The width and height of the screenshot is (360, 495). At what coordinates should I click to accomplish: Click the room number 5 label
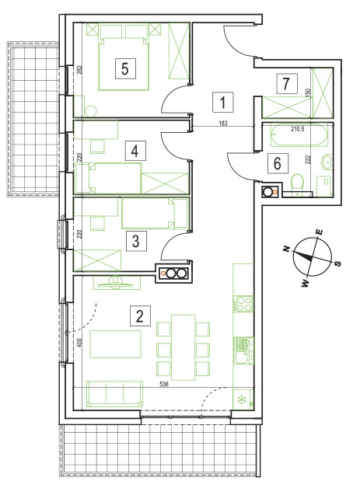pyautogui.click(x=125, y=68)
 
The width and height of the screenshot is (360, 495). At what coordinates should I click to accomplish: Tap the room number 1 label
pyautogui.click(x=223, y=103)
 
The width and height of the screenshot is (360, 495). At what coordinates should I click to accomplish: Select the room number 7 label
pyautogui.click(x=287, y=84)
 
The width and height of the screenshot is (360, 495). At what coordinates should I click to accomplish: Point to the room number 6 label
pyautogui.click(x=278, y=163)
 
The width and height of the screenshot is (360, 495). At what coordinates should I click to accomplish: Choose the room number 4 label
pyautogui.click(x=135, y=151)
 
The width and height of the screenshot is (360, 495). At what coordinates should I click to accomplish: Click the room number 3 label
pyautogui.click(x=136, y=241)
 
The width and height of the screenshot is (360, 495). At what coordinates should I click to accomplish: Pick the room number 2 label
pyautogui.click(x=140, y=315)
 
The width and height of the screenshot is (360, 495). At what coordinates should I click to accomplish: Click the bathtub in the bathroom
pyautogui.click(x=299, y=134)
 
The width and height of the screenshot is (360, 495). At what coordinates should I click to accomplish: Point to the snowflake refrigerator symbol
pyautogui.click(x=242, y=399)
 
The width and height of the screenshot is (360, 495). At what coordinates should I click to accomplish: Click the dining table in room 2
pyautogui.click(x=183, y=347)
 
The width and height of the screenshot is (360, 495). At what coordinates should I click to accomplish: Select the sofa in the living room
pyautogui.click(x=114, y=394)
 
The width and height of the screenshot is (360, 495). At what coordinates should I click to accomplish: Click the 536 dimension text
pyautogui.click(x=164, y=384)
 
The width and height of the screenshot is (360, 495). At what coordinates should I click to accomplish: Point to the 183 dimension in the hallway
pyautogui.click(x=223, y=124)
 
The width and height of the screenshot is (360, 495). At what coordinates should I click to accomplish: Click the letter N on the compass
pyautogui.click(x=287, y=249)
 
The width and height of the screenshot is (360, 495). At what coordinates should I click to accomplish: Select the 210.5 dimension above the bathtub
pyautogui.click(x=298, y=129)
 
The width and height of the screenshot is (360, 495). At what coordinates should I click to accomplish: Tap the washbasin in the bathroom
pyautogui.click(x=327, y=162)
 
